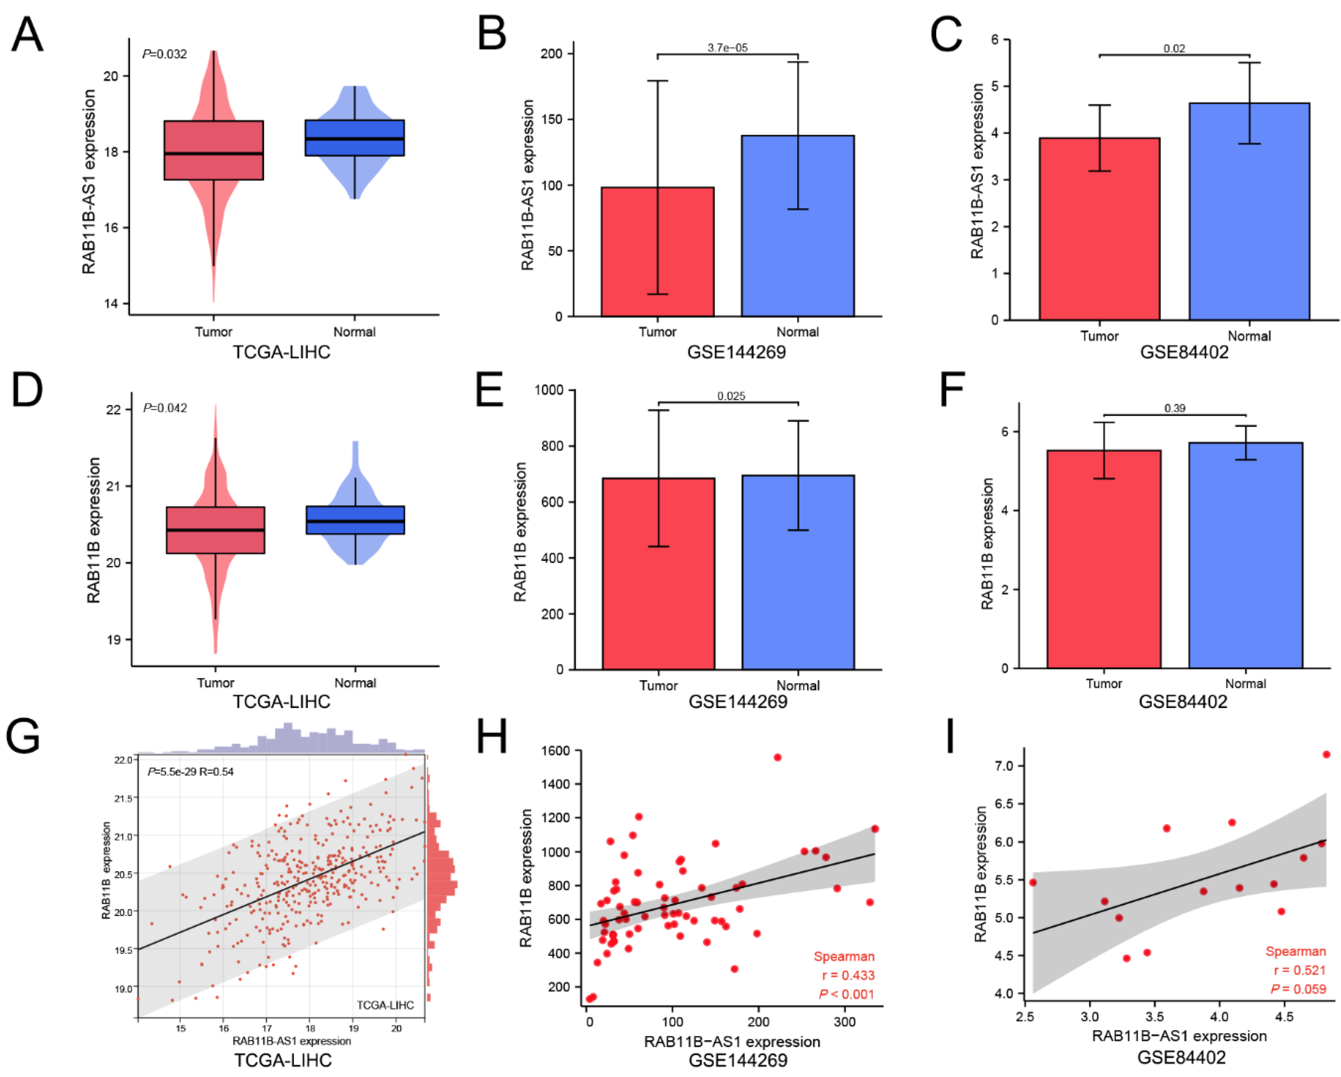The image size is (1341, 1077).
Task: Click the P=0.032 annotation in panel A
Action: click(164, 54)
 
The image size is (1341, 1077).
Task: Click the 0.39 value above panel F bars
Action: click(1174, 408)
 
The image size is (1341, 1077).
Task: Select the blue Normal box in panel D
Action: click(355, 520)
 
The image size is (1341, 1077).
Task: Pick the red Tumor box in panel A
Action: click(213, 150)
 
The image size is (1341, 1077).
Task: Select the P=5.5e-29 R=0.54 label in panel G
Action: click(190, 771)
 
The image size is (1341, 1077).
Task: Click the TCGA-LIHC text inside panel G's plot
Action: click(385, 1005)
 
